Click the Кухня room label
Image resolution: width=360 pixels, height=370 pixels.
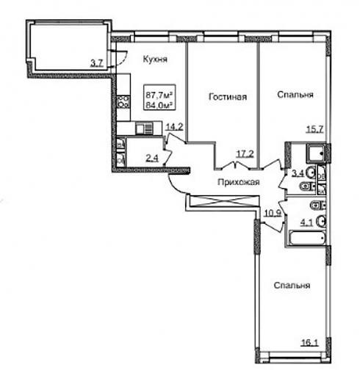pos(155,59)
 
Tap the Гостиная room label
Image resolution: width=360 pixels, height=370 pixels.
pos(228,97)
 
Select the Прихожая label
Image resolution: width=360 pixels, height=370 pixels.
pos(239,182)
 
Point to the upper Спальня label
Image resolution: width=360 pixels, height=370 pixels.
pos(295,95)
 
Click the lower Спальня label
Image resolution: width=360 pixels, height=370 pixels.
pos(292,286)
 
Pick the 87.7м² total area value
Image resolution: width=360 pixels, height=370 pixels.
pos(159,95)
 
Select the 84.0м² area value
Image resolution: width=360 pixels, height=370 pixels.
pos(159,105)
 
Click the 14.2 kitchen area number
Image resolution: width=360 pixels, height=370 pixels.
pos(175,127)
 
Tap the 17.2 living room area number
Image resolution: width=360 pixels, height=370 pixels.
pos(245,154)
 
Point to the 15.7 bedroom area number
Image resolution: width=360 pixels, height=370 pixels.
pos(315,128)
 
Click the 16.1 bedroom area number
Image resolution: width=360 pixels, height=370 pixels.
pos(309,342)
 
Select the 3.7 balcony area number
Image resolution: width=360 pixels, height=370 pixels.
pos(97,63)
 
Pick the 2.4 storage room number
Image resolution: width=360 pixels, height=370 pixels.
pos(152,159)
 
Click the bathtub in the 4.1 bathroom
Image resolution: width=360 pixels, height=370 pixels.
pos(307,238)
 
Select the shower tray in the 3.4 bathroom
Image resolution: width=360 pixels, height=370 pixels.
pos(316,153)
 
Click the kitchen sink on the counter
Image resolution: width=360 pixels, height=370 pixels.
pos(145,128)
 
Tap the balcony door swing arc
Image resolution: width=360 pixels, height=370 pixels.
pos(123,60)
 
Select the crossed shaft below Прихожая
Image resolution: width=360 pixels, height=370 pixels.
pos(224,201)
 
